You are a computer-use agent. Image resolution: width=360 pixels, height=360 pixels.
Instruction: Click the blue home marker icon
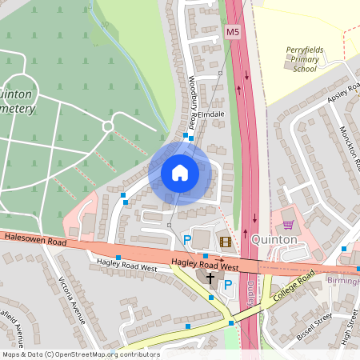pos(180,173)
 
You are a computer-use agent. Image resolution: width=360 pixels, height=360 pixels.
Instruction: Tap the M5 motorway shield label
pos(232,32)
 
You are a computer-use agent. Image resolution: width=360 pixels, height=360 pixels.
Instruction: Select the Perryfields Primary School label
pos(305,59)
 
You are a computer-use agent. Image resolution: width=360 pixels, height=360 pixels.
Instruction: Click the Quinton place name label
pos(274,239)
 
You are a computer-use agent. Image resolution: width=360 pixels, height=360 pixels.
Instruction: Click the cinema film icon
pos(225,241)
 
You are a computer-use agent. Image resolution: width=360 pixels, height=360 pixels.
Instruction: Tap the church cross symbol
pos(211,278)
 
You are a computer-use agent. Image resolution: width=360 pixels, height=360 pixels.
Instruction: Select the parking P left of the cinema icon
pos(187,239)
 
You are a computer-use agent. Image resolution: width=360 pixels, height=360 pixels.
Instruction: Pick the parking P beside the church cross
pos(227,284)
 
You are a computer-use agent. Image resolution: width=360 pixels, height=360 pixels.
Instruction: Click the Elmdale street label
pos(212,114)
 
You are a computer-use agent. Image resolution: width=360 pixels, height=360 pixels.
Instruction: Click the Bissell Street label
pos(314,326)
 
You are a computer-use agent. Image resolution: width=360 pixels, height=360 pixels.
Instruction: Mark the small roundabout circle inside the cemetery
pos(109,126)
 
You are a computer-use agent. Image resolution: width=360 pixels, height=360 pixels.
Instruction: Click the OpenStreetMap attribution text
pos(80,354)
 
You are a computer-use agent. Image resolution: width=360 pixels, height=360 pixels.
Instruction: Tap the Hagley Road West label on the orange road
pos(205,266)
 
